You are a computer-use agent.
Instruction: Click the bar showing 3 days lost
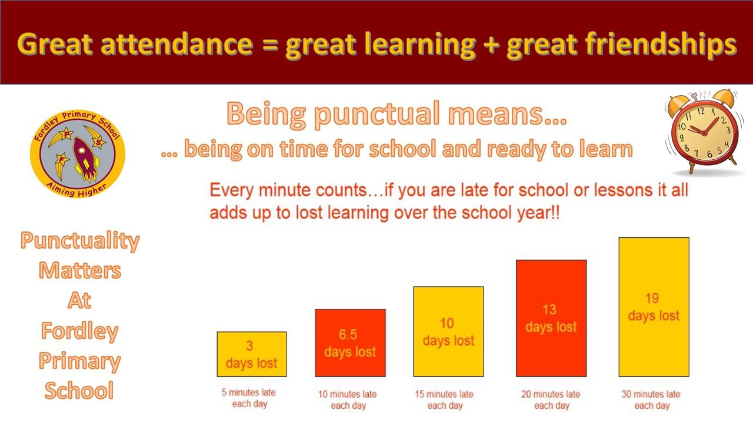pos(252,354)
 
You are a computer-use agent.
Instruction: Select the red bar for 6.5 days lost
pos(350,343)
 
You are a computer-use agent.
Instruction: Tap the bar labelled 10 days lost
pos(448,331)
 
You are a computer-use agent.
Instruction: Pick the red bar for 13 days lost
pos(551,318)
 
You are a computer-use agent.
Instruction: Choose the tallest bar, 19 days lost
pos(654,307)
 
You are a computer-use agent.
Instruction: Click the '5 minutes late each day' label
pos(249,398)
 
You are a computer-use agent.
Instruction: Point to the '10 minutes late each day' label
pos(348,399)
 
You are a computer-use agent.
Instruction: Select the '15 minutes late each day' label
pos(444,399)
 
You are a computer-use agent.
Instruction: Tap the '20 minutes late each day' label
pos(551,399)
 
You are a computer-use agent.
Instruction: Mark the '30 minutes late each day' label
pos(651,399)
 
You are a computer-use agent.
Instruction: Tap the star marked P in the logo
pos(67,135)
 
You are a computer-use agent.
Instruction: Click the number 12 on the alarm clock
pos(701,111)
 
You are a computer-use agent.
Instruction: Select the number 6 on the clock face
pos(709,154)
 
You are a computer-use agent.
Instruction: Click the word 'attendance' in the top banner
pos(177,44)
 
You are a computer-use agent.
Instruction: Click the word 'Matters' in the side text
pos(80,271)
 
